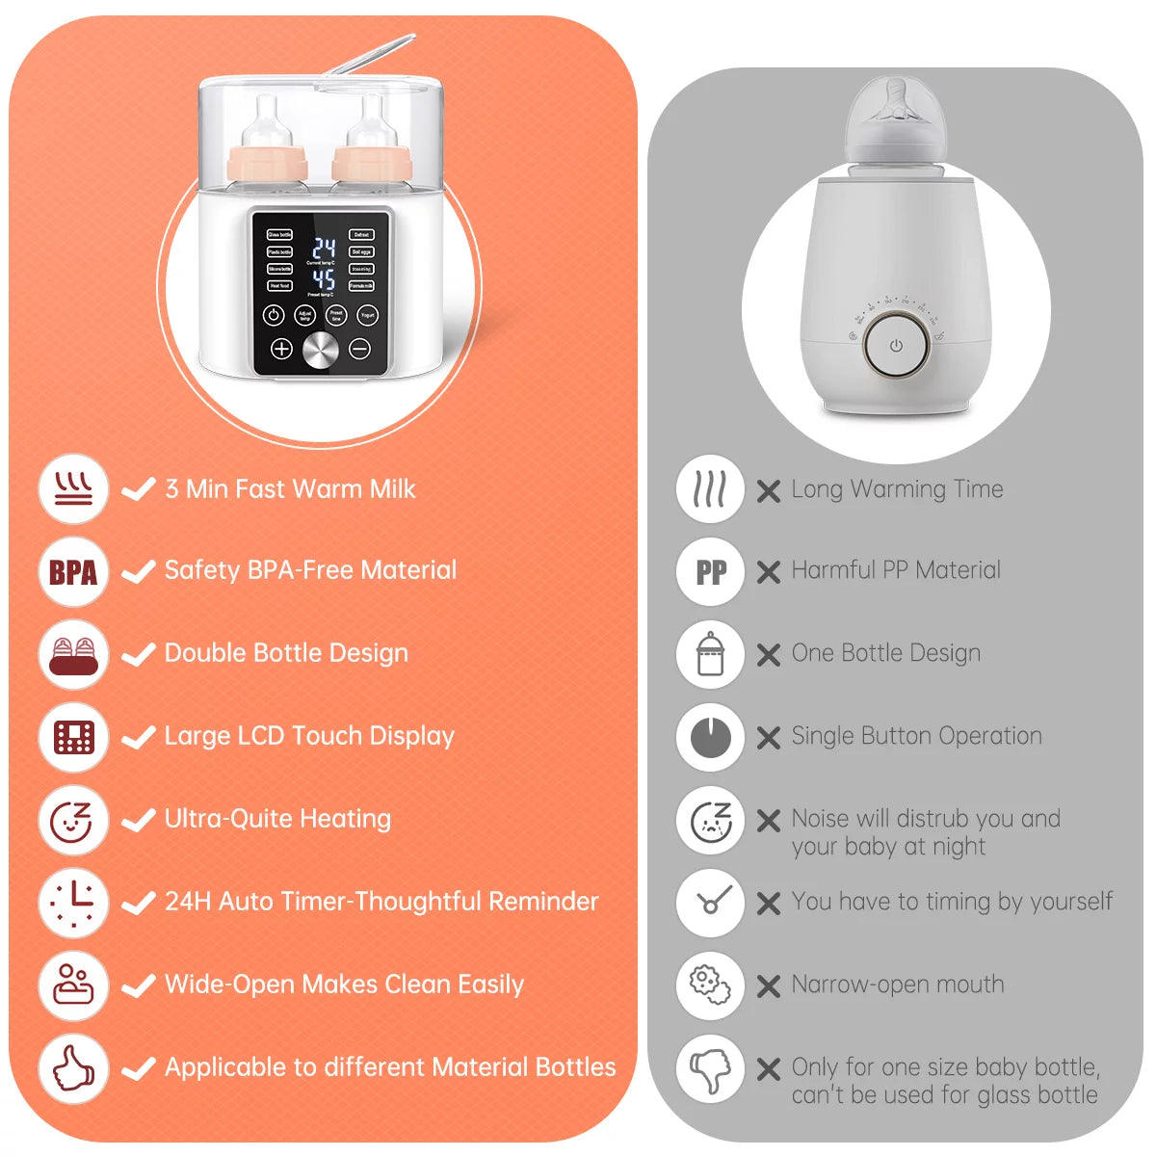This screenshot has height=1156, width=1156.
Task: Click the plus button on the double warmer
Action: coord(280,349)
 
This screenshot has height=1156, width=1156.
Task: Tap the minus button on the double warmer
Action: coord(360,349)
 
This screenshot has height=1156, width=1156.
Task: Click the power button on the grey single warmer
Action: coord(896,345)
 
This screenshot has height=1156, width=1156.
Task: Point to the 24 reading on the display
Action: coord(323,248)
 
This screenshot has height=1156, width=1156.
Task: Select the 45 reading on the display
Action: coord(323,280)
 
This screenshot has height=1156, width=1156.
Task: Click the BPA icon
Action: coord(73,572)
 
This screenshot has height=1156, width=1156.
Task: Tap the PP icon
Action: coord(710,572)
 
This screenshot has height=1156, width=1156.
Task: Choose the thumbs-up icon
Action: coord(73,1068)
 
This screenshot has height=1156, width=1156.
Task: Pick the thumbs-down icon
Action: coord(710,1068)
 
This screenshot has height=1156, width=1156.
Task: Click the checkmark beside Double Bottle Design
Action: coord(139,655)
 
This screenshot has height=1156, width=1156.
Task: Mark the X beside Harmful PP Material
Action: coord(768,572)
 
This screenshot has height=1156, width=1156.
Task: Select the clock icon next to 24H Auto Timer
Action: coord(73,903)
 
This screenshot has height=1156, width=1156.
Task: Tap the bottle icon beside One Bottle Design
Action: coord(710,655)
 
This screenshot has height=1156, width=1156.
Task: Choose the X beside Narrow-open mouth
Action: coord(768,986)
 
